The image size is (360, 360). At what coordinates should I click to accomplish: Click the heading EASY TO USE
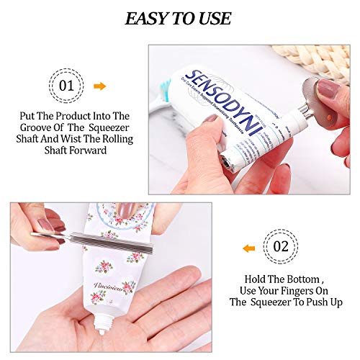click(179, 18)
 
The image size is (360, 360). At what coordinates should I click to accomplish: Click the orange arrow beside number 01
click(100, 86)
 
